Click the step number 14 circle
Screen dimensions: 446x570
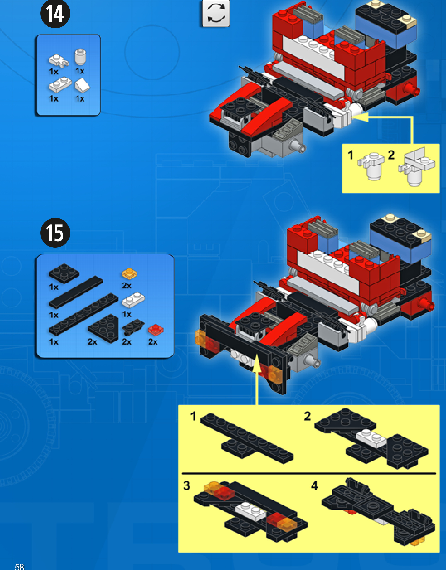[x=55, y=14]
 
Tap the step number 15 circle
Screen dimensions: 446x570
[x=55, y=233]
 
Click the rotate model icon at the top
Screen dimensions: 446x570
[x=216, y=13]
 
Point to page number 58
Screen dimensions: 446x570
[x=20, y=566]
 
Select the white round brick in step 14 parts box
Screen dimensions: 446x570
[x=80, y=57]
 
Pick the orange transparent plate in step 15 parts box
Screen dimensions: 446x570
[x=129, y=273]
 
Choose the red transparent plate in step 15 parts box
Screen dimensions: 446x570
[x=156, y=330]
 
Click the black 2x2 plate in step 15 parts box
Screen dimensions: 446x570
[x=64, y=273]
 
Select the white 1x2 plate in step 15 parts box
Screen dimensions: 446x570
[x=133, y=300]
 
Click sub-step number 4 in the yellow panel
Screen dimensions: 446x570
[x=314, y=485]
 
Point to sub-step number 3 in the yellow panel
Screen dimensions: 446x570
[x=187, y=485]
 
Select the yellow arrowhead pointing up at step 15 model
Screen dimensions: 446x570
[x=257, y=363]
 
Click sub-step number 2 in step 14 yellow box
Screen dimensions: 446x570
[x=391, y=155]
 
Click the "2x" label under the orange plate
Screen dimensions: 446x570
[x=127, y=286]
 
